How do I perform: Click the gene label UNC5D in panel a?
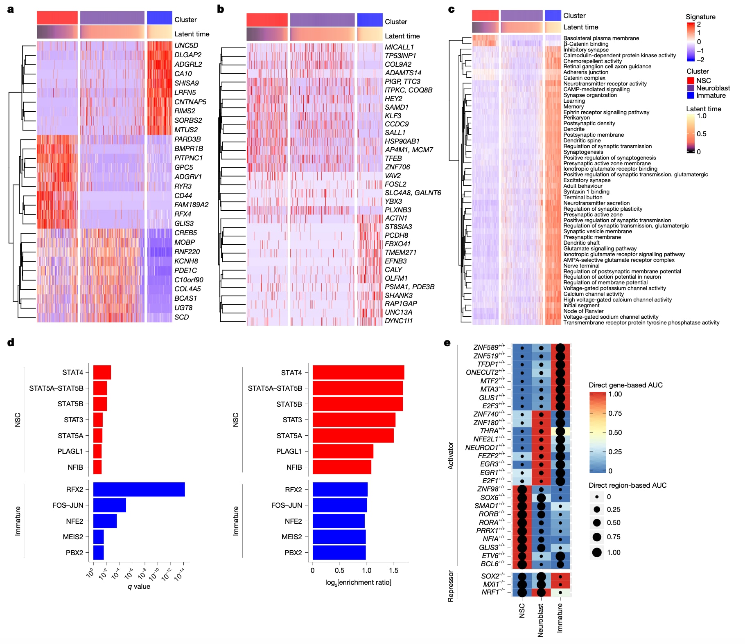pos(186,45)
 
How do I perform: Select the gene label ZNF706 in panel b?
pos(397,167)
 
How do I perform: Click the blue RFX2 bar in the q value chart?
pos(139,489)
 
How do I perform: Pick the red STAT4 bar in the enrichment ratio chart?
pos(358,372)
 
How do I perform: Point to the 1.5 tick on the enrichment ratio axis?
pos(393,570)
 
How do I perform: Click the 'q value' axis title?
pos(139,586)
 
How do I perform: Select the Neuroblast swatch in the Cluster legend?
pos(691,88)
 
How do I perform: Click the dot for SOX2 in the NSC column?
pos(522,576)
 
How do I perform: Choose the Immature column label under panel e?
pos(560,618)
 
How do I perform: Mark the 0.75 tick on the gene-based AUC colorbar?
pos(615,413)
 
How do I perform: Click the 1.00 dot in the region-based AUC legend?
pos(597,552)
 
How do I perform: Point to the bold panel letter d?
pos(11,342)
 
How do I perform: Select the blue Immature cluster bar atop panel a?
pos(159,18)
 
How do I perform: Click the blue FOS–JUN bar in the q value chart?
pos(109,505)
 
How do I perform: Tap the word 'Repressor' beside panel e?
pos(451,586)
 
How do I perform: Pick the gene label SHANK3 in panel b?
pos(398,295)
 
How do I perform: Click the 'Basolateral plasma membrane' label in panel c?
pos(601,38)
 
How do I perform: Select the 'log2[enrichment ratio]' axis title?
pos(358,582)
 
